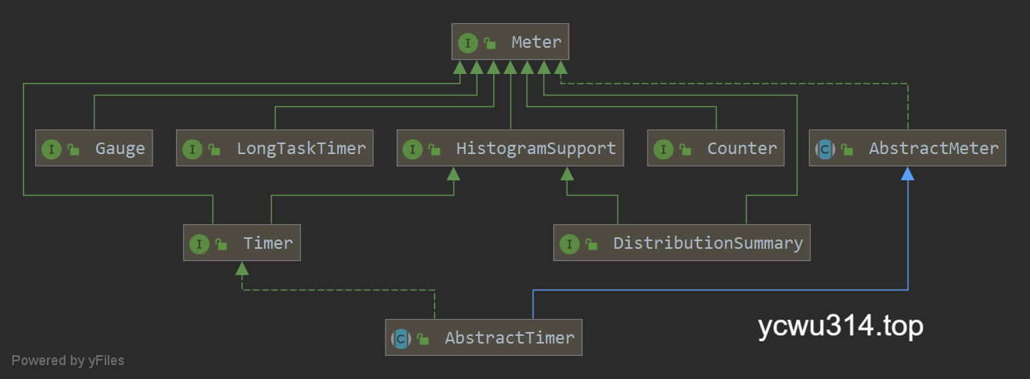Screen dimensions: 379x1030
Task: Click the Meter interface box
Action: pos(510,42)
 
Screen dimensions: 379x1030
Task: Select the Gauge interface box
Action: pos(94,149)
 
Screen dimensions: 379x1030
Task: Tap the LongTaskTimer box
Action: pos(275,149)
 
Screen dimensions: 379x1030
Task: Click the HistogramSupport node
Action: pos(510,149)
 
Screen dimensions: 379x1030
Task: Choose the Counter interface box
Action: pos(716,149)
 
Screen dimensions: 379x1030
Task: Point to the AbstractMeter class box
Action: pos(908,149)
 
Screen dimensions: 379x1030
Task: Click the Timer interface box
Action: pos(242,243)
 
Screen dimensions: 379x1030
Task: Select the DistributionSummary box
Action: pos(681,243)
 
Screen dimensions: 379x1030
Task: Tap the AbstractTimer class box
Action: pos(483,338)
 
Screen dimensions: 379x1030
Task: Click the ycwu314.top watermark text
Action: pos(841,327)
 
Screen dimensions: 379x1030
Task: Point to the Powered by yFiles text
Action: pos(68,361)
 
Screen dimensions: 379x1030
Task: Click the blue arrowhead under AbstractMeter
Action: pos(908,174)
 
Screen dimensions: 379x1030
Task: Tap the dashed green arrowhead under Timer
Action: pos(242,269)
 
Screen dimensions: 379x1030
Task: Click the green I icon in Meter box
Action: pos(467,43)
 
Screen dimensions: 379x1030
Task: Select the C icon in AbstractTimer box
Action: pos(401,338)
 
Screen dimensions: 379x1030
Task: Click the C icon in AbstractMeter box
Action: pos(825,149)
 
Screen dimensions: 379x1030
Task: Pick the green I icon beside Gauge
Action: pos(52,149)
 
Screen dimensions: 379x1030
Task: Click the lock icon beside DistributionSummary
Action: pos(591,244)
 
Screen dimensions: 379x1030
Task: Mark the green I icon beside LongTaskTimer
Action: pos(192,149)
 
